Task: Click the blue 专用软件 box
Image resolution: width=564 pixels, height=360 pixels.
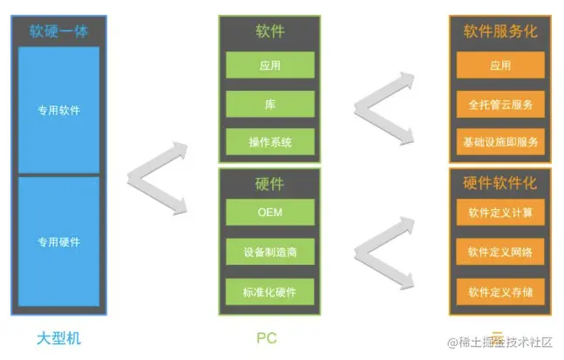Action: pos(58,111)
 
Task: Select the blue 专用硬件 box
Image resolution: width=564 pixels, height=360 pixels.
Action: pos(58,241)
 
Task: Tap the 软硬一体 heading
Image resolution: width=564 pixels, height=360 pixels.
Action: pos(58,32)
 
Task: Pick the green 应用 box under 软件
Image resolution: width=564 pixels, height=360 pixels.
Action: pos(269,65)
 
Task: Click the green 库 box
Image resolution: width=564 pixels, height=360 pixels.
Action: pos(269,104)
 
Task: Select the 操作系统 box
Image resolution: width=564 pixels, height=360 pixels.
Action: pos(269,142)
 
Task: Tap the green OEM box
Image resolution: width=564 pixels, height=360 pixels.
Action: pos(269,213)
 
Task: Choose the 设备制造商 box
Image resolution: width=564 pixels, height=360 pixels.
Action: pos(269,253)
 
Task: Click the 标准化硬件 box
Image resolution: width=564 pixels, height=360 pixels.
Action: pos(269,291)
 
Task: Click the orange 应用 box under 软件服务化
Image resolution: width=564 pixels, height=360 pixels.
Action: pos(500,65)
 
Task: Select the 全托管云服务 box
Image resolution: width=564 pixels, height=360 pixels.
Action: pos(500,104)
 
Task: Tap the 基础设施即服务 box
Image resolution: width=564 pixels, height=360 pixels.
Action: pos(500,141)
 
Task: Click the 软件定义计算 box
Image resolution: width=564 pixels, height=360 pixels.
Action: pos(500,213)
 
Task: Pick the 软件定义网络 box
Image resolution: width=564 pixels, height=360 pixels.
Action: pos(500,253)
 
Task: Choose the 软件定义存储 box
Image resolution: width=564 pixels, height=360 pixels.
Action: pos(500,291)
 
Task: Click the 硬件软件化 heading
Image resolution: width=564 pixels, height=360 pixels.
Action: pos(500,183)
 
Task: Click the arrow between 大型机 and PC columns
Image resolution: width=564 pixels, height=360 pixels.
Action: pos(157,179)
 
